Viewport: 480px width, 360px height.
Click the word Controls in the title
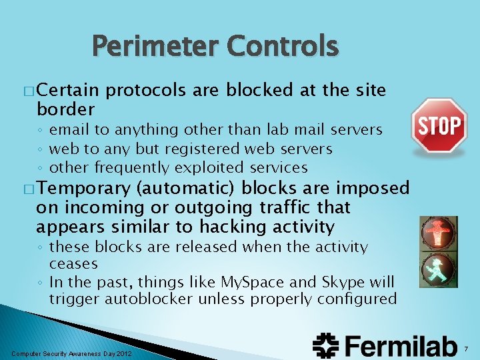pyautogui.click(x=283, y=47)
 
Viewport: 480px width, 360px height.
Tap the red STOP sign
pyautogui.click(x=438, y=125)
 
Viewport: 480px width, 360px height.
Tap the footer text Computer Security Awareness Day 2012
pyautogui.click(x=72, y=353)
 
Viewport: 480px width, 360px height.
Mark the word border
pyautogui.click(x=65, y=108)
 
